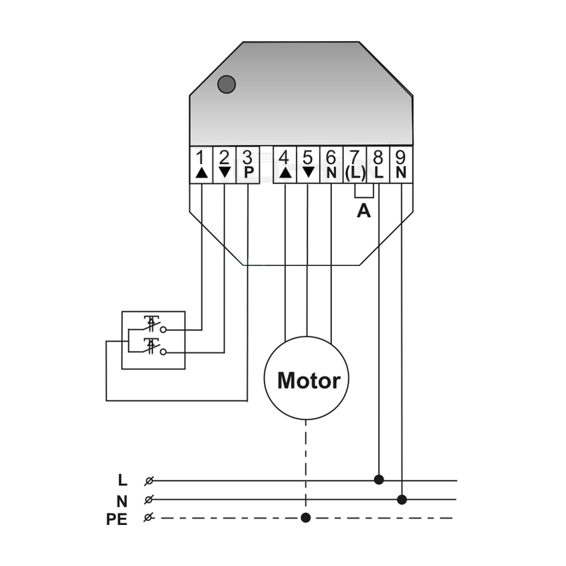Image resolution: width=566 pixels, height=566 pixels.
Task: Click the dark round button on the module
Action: coord(226,84)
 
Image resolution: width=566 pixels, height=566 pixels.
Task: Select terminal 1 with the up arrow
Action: coord(202,165)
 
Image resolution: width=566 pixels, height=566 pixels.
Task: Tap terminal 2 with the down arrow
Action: coord(224,165)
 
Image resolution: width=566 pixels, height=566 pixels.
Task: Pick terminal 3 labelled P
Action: coord(248,165)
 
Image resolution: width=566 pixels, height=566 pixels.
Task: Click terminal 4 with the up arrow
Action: coord(285,165)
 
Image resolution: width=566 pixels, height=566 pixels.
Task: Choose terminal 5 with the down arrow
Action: coord(308,165)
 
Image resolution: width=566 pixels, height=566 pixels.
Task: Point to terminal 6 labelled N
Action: coord(331,165)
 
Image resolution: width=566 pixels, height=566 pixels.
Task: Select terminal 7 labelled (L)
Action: coord(355,165)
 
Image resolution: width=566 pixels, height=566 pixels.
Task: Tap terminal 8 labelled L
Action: coord(378,165)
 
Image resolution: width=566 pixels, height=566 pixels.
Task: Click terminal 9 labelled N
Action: coord(401,165)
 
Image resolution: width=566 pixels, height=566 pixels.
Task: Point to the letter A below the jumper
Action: coord(364,210)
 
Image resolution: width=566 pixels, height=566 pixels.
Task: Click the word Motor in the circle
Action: coord(308,381)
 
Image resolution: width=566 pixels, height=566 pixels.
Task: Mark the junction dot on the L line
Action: coord(379,480)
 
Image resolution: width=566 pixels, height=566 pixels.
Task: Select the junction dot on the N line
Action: coord(402,499)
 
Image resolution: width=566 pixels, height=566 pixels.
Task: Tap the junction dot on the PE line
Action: coord(306,518)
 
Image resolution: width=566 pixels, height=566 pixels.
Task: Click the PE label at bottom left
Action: coord(117,519)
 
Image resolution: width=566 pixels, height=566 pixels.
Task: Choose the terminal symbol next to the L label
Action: coord(149,481)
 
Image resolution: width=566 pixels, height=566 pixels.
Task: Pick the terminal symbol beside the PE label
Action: coord(148,518)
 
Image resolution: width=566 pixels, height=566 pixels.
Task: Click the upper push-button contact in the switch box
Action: coord(151,324)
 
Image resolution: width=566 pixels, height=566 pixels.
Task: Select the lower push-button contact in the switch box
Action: coord(151,347)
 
